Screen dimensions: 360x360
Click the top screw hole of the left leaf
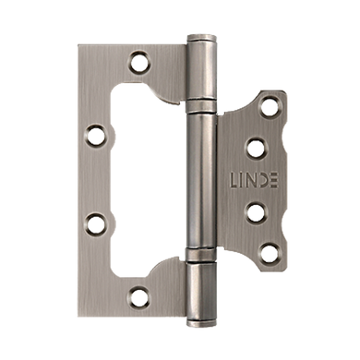pos(140,63)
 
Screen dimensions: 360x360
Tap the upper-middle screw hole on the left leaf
pos(96,135)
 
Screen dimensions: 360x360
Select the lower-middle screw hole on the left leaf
pos(96,223)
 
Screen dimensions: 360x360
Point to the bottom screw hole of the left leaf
pos(138,296)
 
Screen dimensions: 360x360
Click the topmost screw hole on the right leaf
pos(270,106)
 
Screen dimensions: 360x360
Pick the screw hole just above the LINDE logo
pos(257,149)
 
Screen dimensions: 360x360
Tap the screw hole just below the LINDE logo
pos(257,212)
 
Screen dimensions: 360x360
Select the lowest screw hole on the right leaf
pos(270,253)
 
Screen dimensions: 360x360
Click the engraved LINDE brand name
pos(254,180)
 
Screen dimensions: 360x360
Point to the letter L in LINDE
pos(234,180)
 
